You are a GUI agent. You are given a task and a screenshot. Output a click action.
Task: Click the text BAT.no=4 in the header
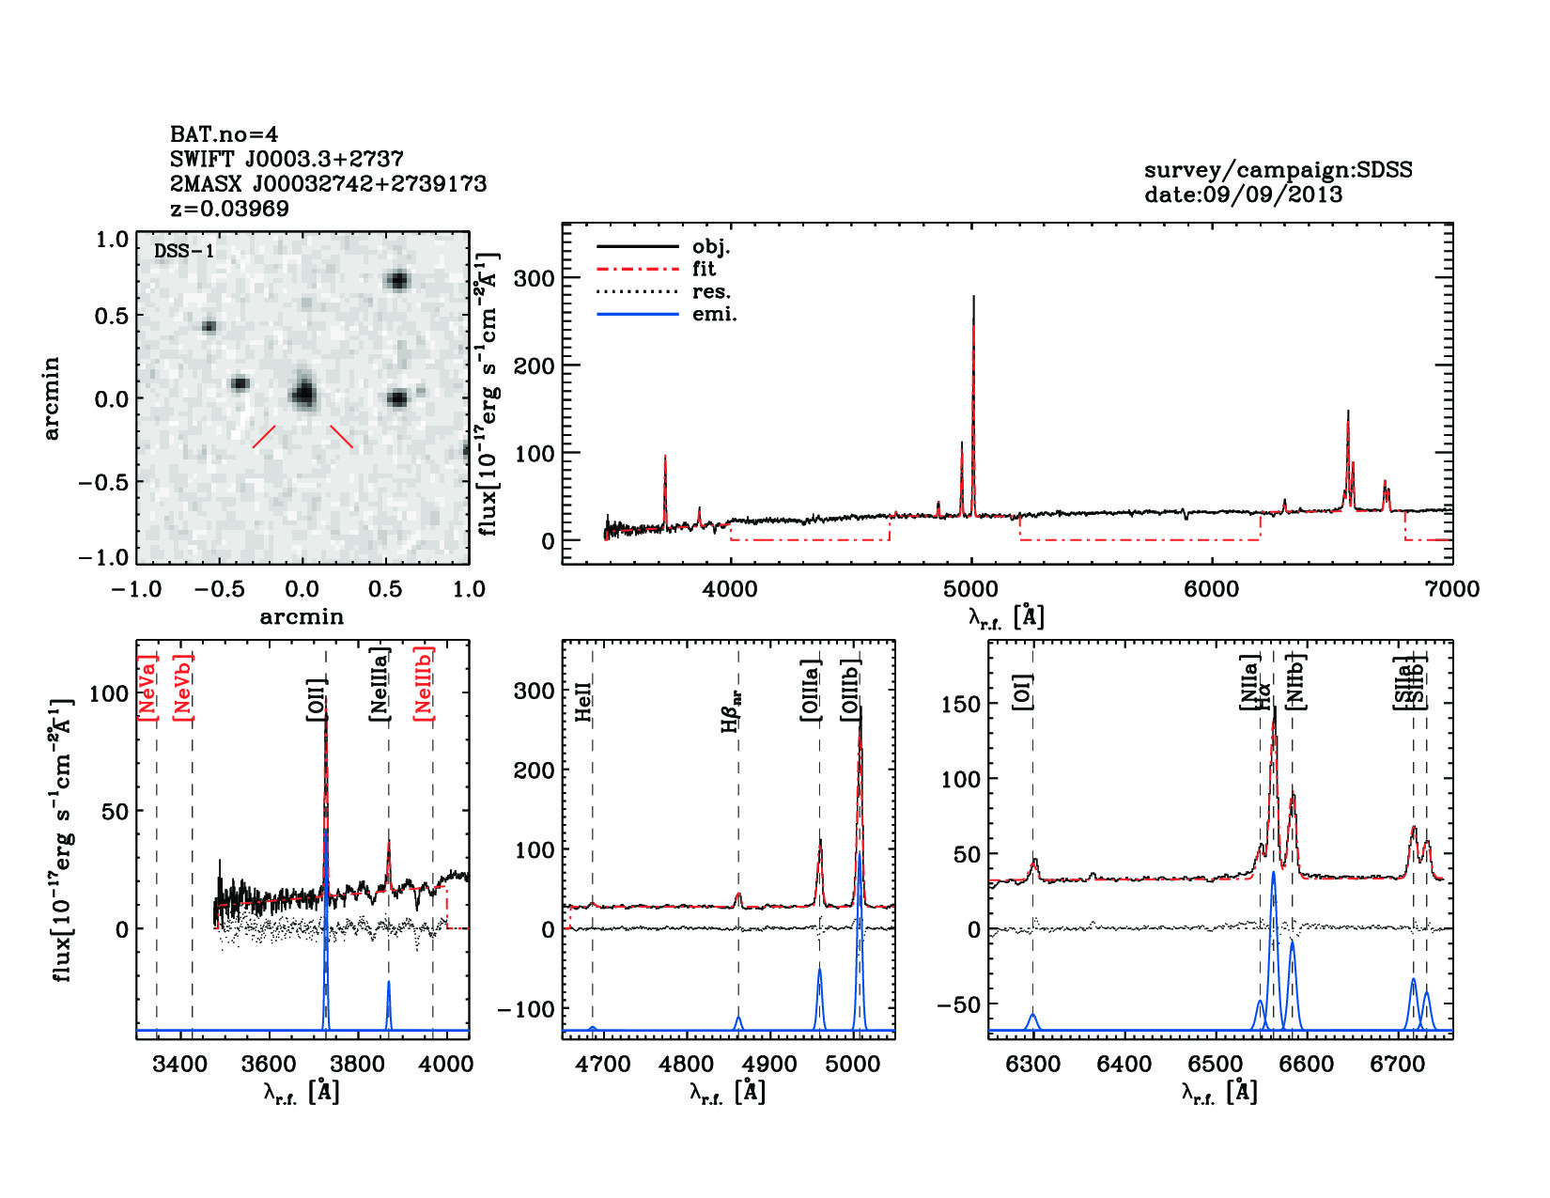[x=224, y=134]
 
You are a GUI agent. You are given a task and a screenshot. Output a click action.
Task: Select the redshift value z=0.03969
[x=229, y=208]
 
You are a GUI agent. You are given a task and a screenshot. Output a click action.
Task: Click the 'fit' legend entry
[x=704, y=269]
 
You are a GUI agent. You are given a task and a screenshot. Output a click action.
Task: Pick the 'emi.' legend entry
[x=714, y=314]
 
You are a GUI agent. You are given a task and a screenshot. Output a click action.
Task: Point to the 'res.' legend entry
[x=711, y=291]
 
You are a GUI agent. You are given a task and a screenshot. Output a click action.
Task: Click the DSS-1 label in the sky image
[x=183, y=251]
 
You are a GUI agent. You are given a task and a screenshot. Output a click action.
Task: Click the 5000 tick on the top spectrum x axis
[x=971, y=589]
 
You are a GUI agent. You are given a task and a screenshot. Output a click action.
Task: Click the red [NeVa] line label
[x=147, y=688]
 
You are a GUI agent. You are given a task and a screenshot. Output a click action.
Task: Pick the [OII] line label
[x=317, y=699]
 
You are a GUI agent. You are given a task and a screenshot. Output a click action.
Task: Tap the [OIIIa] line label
[x=810, y=691]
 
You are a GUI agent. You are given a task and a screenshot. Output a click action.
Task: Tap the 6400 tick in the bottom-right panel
[x=1124, y=1064]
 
